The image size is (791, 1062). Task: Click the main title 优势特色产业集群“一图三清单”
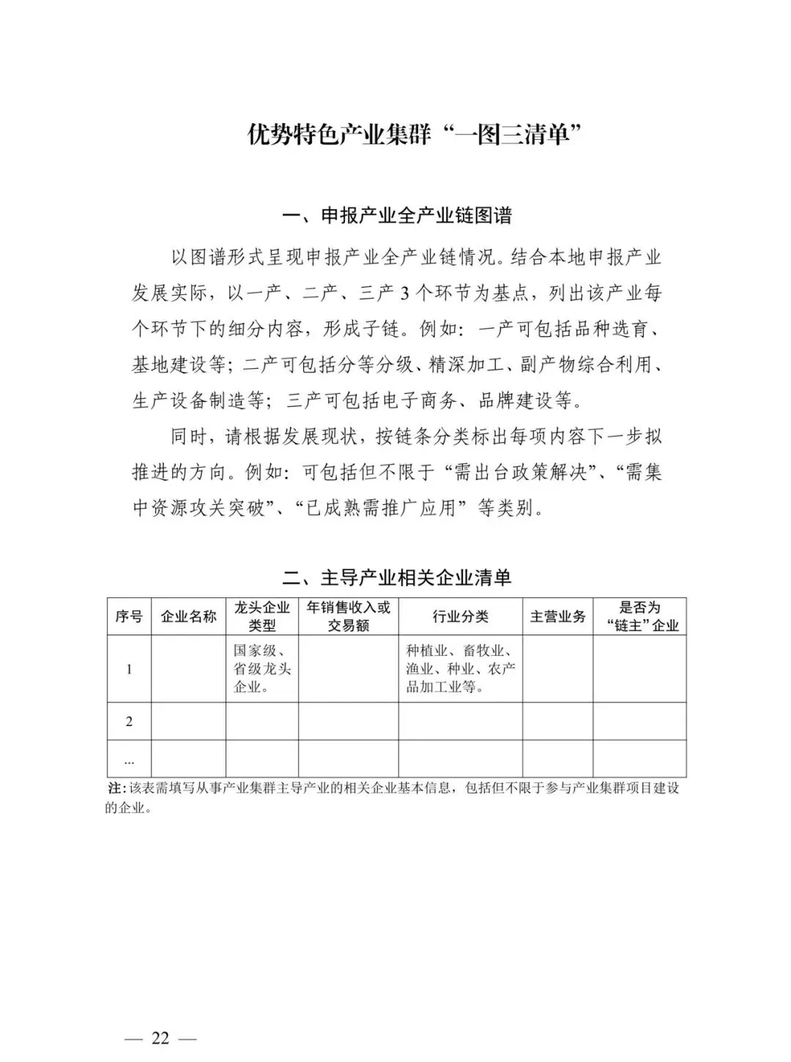click(x=409, y=135)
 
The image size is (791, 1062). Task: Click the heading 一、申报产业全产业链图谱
click(x=397, y=216)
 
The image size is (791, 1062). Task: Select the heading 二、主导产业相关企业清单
click(x=397, y=577)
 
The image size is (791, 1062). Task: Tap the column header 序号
click(x=129, y=616)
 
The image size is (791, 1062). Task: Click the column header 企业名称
click(x=188, y=616)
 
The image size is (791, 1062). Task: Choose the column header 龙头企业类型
click(x=262, y=616)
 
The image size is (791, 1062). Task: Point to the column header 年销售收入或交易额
click(x=349, y=616)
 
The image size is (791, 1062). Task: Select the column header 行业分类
click(x=460, y=616)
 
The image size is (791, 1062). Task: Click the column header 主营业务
click(x=557, y=616)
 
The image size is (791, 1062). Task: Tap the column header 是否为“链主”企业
click(x=639, y=616)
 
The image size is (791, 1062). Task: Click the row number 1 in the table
click(x=130, y=669)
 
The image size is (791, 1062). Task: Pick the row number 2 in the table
click(x=130, y=722)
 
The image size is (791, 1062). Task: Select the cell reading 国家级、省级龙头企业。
click(x=262, y=668)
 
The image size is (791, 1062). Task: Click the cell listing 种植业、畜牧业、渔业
click(x=460, y=668)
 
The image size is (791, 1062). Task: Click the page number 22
click(x=160, y=1038)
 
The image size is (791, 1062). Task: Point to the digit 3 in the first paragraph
click(x=406, y=293)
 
